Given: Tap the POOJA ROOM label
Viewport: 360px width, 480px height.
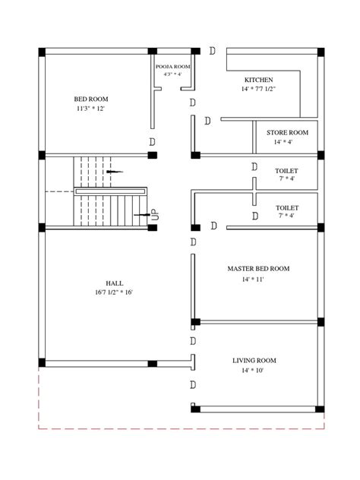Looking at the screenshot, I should [173, 67].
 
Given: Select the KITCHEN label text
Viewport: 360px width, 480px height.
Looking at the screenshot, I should [258, 80].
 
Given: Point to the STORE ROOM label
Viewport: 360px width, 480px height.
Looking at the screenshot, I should [286, 131].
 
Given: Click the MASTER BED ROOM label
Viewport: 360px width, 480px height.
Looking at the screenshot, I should [258, 269].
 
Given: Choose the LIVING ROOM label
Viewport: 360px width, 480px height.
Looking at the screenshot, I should [254, 360].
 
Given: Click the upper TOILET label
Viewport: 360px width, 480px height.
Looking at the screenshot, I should [286, 171].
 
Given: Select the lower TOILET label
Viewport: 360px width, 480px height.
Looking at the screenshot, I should [286, 207].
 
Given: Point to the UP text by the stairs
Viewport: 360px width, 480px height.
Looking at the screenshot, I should [155, 215].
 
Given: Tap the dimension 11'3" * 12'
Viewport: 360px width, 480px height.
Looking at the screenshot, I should [90, 109].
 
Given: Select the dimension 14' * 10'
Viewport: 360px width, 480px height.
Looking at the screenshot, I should [254, 371].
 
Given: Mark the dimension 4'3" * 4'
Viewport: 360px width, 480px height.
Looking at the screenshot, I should [173, 74].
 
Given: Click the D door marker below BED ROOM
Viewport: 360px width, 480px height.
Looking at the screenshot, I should [153, 142].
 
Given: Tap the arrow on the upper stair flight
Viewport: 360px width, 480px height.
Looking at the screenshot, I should [114, 172].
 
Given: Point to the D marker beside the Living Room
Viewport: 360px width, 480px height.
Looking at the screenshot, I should [194, 384].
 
